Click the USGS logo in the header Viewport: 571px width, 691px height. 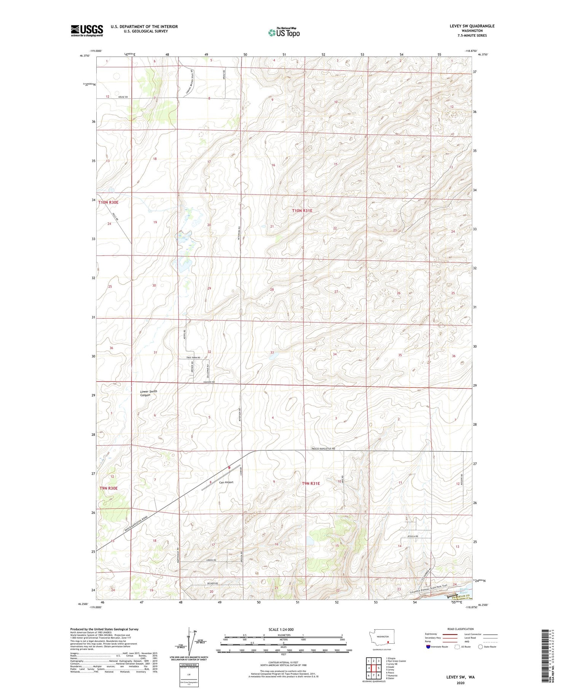pos(87,30)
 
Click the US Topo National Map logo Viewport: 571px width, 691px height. pos(284,32)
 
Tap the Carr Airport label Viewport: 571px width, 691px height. pos(226,482)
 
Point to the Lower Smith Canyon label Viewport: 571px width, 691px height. pos(148,393)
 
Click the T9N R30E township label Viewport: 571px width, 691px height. pos(109,488)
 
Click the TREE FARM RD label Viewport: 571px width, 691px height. pos(193,358)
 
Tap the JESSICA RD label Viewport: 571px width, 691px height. pos(413,536)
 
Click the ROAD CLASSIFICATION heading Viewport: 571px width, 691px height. pos(461,629)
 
